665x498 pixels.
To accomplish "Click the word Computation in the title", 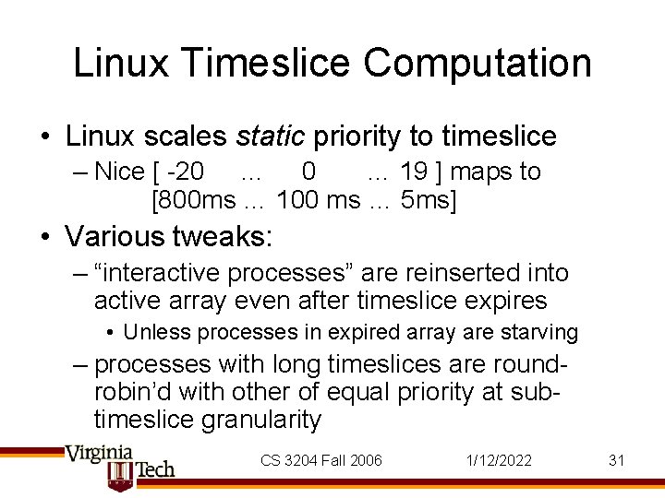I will pos(477,64).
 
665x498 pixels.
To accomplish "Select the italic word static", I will pos(271,136).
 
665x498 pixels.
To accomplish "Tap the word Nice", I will pos(119,172).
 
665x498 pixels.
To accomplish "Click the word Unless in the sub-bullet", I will pos(152,332).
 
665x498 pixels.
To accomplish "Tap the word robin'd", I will pos(128,391).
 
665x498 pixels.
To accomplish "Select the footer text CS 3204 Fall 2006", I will pos(320,460).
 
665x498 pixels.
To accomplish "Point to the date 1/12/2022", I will pos(500,460).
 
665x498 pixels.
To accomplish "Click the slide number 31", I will pos(617,460).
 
